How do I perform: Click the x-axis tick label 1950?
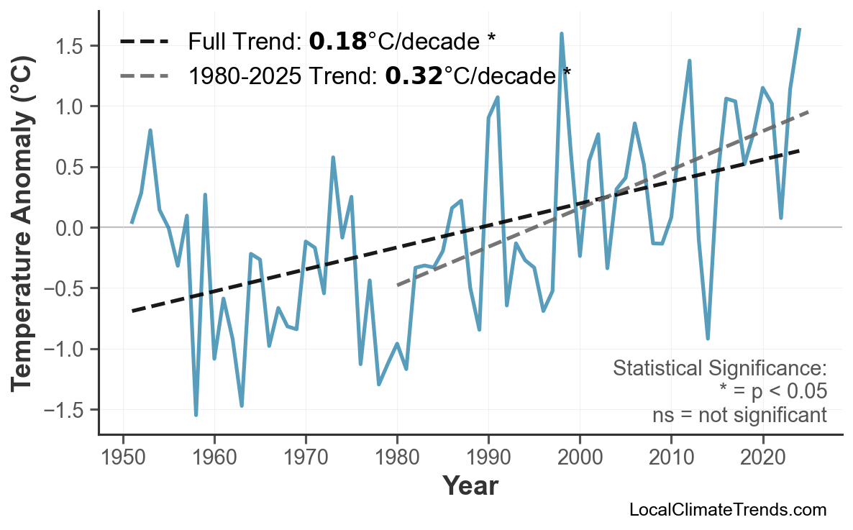point(123,459)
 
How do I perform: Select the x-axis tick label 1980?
point(397,459)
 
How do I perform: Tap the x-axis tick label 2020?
point(762,459)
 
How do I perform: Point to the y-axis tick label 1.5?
point(70,46)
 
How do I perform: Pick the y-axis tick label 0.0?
point(70,228)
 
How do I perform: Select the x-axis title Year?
point(470,487)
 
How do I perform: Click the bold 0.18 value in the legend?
point(337,42)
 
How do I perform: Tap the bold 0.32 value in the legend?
point(414,75)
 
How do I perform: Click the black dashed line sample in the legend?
point(145,42)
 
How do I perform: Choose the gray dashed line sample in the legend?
point(145,75)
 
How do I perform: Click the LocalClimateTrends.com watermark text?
point(727,510)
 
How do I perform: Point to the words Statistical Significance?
point(719,368)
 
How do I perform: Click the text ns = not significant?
point(739,415)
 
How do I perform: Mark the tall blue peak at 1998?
point(561,34)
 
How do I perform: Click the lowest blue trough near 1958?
point(196,414)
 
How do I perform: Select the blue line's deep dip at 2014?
point(708,338)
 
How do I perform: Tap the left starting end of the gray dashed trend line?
point(398,285)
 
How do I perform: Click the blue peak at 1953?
point(150,131)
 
